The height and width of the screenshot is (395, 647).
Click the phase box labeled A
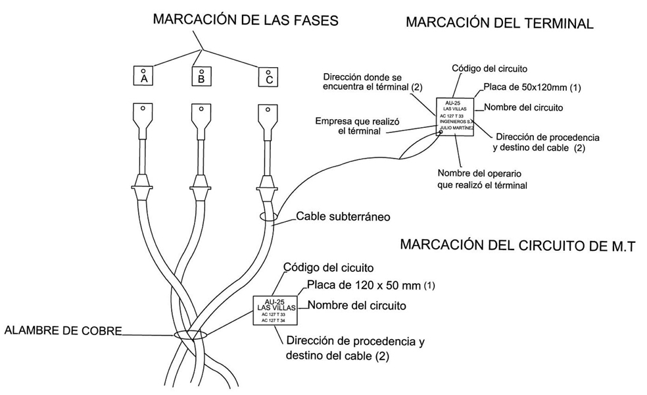coord(143,76)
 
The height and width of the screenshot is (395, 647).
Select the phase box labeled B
coord(201,76)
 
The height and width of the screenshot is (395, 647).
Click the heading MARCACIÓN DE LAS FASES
coord(245,20)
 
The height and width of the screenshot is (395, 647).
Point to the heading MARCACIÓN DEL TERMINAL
coord(500,24)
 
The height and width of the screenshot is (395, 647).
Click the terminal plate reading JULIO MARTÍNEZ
coord(455,114)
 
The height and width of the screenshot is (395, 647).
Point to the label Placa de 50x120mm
coord(533,87)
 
